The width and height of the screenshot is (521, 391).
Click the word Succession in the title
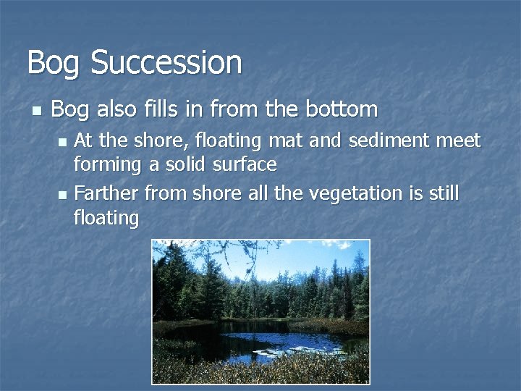click(166, 62)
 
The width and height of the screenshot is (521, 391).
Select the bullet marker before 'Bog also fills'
click(36, 111)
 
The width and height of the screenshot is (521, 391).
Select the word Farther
click(107, 193)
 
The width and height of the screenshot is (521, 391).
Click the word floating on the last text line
click(106, 218)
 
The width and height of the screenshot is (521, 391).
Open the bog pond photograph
click(260, 311)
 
